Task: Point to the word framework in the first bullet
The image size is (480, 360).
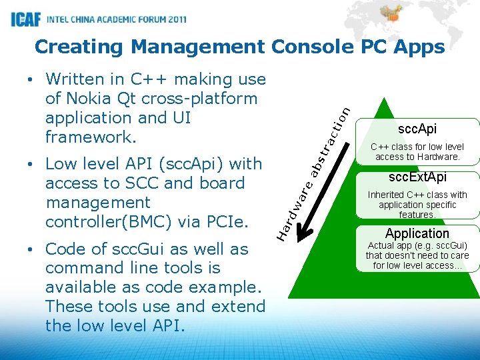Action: coord(91,137)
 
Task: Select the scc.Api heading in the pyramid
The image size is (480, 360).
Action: coord(417,129)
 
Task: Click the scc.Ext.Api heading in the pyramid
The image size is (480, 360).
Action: coord(417,177)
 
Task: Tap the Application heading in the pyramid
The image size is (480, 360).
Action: coord(417,233)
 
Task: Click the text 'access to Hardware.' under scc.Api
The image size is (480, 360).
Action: coord(417,157)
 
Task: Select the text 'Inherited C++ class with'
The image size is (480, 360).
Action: coord(417,195)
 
